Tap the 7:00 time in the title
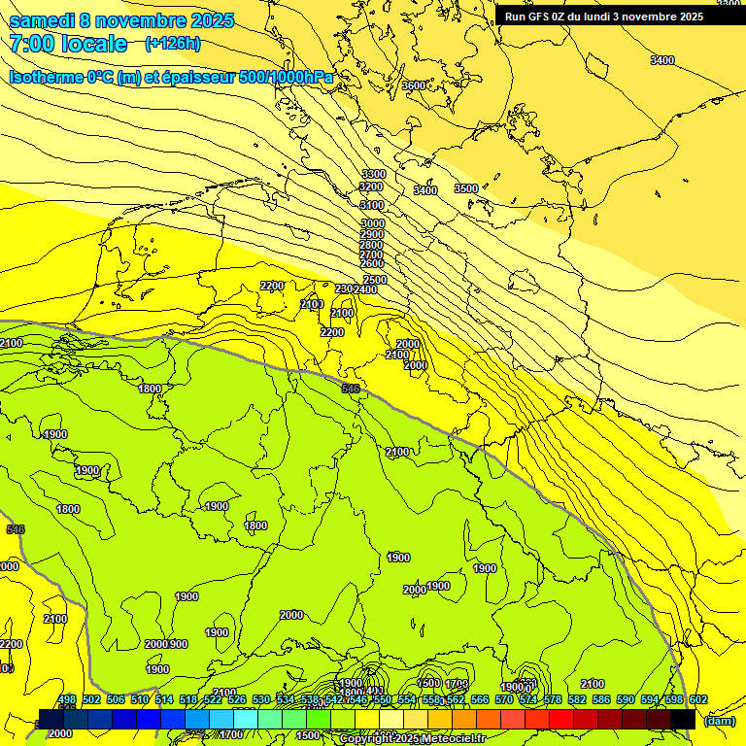pyautogui.click(x=30, y=44)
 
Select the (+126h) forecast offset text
pyautogui.click(x=172, y=44)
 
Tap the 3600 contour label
pyautogui.click(x=414, y=85)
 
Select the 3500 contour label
pyautogui.click(x=466, y=188)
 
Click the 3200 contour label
pyautogui.click(x=372, y=186)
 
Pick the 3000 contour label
pyautogui.click(x=373, y=223)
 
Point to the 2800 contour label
pyautogui.click(x=372, y=245)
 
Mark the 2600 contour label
pyautogui.click(x=372, y=263)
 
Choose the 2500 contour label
pyautogui.click(x=375, y=280)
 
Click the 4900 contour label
pyautogui.click(x=55, y=434)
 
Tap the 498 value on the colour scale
pyautogui.click(x=67, y=700)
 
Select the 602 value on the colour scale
pyautogui.click(x=698, y=700)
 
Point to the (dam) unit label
pyautogui.click(x=719, y=721)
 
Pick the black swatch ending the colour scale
pyautogui.click(x=683, y=719)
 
